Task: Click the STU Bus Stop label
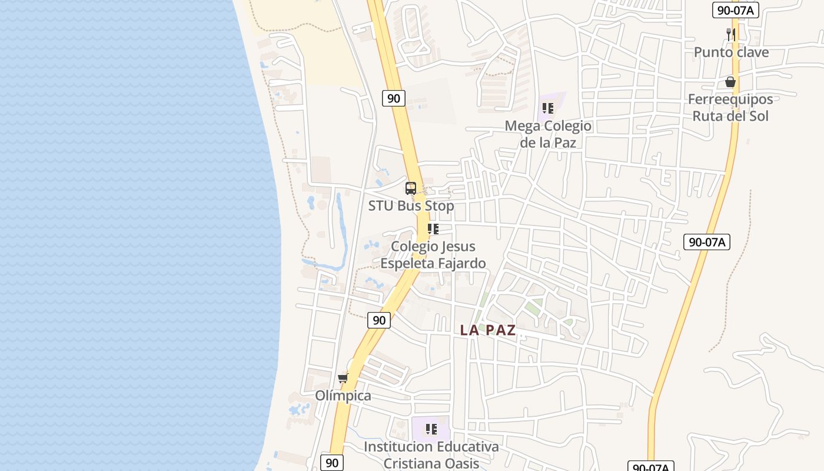tap(411, 206)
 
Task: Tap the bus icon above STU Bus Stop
tap(411, 188)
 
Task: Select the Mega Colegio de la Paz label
tap(548, 134)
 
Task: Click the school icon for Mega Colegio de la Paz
tap(548, 108)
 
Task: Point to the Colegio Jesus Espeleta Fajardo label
tap(433, 254)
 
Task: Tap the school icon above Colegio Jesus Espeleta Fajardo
tap(433, 229)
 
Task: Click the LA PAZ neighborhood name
tap(488, 330)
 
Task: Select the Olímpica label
tap(343, 396)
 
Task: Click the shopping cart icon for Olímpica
tap(343, 378)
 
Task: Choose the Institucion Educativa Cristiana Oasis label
tap(431, 455)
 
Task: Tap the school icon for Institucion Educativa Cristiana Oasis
tap(431, 429)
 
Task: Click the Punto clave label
tap(731, 52)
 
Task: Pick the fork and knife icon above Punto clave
tap(731, 34)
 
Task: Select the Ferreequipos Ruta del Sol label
tap(730, 107)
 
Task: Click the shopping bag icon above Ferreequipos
tap(730, 82)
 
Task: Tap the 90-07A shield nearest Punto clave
tap(736, 9)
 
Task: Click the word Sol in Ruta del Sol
tap(757, 116)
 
